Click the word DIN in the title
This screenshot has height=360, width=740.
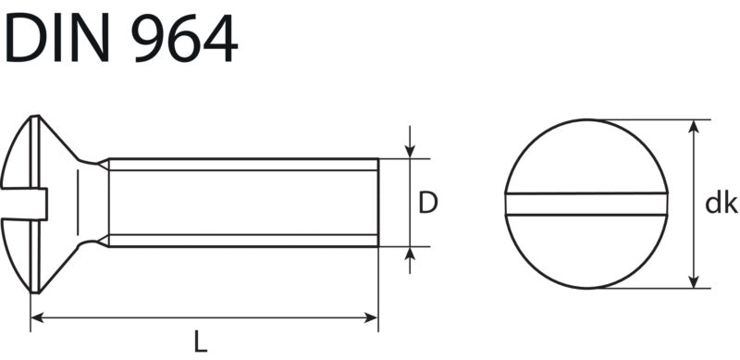56,37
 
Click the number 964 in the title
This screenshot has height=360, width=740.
184,37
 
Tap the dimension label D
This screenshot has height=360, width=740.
428,203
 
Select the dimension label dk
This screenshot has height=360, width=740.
721,203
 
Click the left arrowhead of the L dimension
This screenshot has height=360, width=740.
37,317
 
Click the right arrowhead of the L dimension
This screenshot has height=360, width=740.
372,317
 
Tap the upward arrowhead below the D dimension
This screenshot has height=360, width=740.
410,254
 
